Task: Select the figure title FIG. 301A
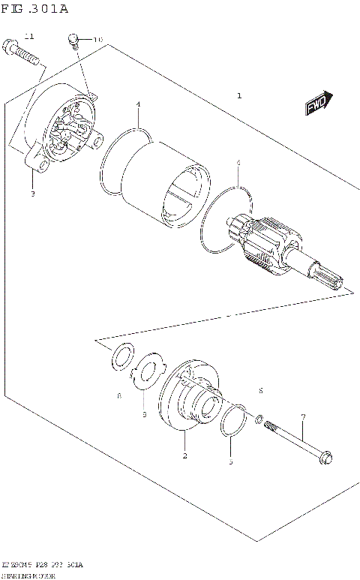34,9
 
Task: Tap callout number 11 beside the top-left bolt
29,36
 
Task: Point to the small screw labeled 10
73,40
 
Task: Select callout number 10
97,39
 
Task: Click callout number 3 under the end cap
32,194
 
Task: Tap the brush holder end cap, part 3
64,131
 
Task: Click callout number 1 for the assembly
239,96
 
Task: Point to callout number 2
185,455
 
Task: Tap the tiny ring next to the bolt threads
259,419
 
